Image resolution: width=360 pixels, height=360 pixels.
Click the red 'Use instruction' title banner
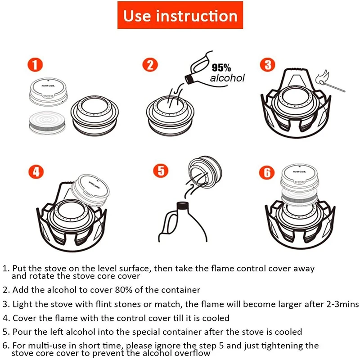coord(180,16)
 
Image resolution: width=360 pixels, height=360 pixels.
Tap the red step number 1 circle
coord(35,65)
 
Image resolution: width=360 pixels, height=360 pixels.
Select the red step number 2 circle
coord(150,65)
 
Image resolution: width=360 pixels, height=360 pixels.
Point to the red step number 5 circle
coord(161,171)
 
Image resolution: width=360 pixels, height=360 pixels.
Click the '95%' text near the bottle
coord(221,68)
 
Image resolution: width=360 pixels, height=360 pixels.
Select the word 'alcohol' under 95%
coord(228,78)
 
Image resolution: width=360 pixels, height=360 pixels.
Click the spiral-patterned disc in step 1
coord(46,122)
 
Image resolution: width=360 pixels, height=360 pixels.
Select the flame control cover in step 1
coord(47,90)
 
